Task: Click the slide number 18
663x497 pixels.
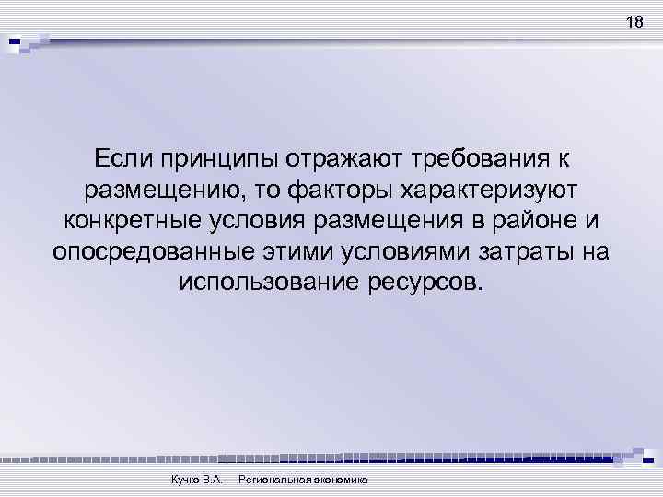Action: [x=634, y=23]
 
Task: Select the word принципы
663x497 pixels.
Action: [x=220, y=159]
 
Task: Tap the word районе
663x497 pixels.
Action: [x=534, y=221]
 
